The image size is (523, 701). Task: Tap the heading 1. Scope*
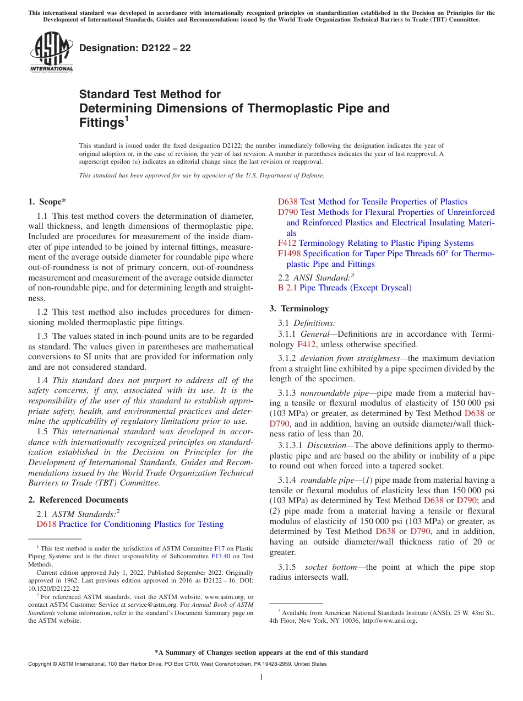[47, 202]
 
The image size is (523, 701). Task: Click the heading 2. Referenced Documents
[78, 500]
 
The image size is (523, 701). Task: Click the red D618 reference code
[46, 524]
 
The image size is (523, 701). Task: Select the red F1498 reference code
[289, 254]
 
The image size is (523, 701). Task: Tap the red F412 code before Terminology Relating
[287, 243]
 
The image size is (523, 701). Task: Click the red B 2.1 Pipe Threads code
[287, 288]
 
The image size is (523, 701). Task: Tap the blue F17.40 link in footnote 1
[219, 557]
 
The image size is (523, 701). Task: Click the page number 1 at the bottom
[261, 677]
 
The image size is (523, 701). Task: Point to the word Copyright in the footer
[41, 664]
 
